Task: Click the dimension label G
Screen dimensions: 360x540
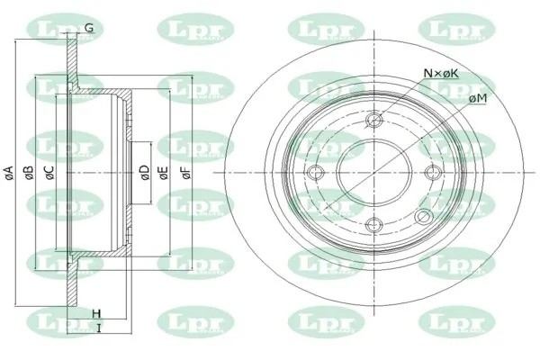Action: click(89, 29)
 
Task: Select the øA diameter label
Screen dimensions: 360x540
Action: click(9, 172)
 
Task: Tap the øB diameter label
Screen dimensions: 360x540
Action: click(30, 172)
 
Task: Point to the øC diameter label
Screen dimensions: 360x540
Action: click(50, 172)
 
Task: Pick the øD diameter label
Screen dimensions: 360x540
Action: click(144, 172)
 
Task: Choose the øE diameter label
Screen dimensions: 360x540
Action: click(164, 172)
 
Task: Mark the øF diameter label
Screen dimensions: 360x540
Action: click(186, 172)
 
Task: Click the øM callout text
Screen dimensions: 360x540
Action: click(477, 97)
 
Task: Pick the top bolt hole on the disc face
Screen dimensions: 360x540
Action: click(375, 117)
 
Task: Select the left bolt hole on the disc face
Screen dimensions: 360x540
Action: click(314, 174)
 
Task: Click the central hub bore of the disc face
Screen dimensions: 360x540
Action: click(371, 174)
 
